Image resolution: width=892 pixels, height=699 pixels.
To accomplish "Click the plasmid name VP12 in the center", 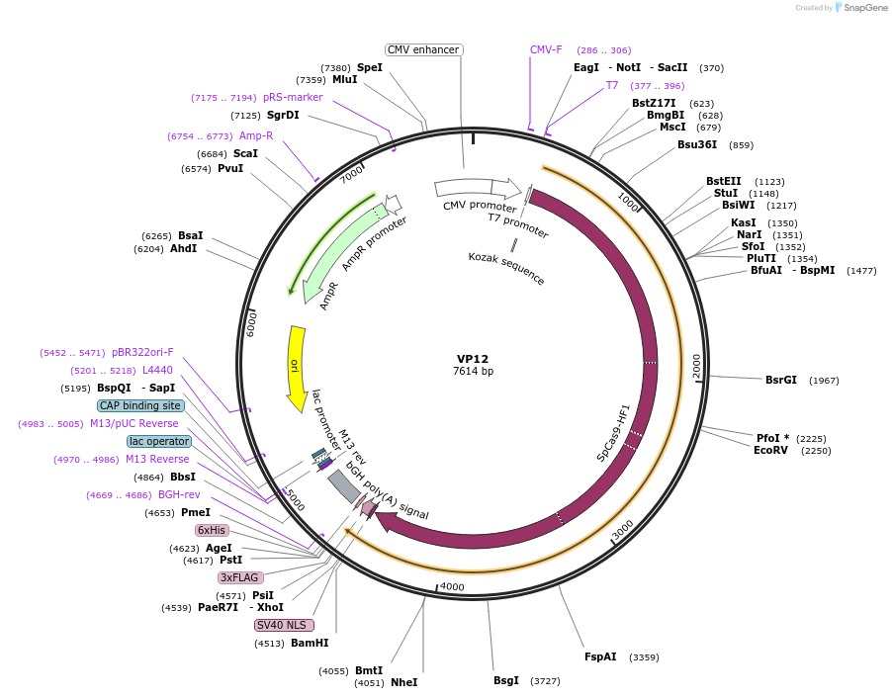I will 472,359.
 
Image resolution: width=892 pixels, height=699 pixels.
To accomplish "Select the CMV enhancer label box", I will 423,49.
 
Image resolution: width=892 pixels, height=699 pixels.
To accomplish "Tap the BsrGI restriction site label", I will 780,380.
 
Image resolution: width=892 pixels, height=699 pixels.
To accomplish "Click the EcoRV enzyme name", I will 770,450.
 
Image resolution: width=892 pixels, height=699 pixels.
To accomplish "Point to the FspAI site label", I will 599,656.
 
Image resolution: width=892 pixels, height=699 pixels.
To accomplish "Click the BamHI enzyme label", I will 309,643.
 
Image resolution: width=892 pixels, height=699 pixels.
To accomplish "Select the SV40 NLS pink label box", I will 284,625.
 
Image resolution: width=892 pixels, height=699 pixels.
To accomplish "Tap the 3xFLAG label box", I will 240,577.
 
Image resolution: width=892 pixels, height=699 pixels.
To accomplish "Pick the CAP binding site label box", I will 140,405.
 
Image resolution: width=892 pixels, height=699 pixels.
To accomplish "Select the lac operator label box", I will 158,441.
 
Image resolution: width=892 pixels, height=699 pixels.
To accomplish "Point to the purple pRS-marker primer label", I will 293,97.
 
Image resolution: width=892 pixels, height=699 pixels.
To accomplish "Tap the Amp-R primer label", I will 255,135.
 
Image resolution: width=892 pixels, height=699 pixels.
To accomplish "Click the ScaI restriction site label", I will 245,153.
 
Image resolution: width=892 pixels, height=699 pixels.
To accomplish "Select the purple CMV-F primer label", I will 546,49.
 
